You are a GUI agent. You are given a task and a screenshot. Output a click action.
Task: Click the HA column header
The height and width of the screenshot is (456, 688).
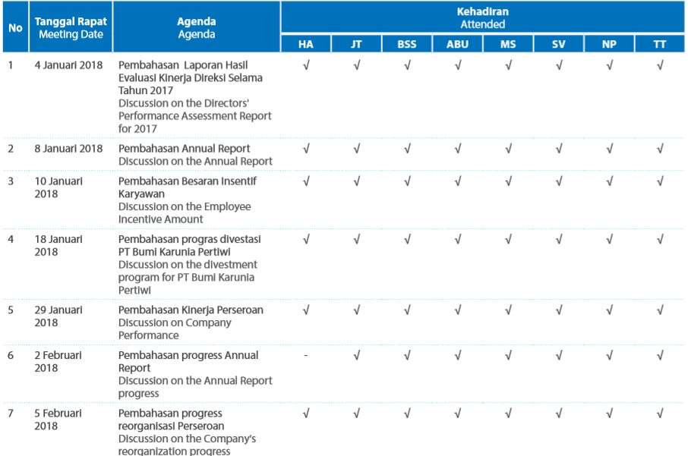click(306, 44)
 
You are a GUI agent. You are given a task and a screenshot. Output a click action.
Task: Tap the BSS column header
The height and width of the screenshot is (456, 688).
click(407, 44)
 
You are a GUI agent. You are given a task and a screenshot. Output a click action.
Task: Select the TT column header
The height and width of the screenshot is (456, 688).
click(659, 44)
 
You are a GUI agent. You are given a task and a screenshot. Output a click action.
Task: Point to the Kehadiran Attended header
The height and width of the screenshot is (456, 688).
click(483, 18)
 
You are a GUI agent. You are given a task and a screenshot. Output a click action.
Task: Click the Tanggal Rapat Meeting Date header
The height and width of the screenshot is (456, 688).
click(71, 27)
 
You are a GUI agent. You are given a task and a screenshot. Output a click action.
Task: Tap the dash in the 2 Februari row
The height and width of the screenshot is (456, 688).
click(306, 355)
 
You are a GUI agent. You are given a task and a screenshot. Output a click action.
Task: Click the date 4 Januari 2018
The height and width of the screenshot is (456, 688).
click(68, 65)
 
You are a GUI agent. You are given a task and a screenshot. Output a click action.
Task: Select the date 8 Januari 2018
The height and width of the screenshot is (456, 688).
click(68, 148)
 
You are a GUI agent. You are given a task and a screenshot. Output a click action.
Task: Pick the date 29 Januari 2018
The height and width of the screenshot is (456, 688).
click(58, 316)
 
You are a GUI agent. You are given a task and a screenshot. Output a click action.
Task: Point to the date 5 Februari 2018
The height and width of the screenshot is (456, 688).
click(58, 420)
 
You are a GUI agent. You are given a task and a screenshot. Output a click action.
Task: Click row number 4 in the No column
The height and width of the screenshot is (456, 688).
click(11, 240)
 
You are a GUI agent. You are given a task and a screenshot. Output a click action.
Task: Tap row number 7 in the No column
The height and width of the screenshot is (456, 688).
click(11, 414)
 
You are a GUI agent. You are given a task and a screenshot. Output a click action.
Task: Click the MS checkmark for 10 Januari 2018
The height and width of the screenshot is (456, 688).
click(508, 181)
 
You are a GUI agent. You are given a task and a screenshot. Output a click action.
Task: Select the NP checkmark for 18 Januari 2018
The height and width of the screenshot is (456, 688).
click(609, 240)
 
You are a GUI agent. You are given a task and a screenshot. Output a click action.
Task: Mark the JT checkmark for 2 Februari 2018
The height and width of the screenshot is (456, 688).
click(357, 355)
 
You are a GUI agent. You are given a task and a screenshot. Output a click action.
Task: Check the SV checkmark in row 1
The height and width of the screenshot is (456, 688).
click(559, 65)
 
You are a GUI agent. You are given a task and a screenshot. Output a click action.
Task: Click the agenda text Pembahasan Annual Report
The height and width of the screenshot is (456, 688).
click(184, 149)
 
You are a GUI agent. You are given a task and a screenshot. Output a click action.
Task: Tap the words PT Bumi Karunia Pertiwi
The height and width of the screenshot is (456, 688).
click(174, 252)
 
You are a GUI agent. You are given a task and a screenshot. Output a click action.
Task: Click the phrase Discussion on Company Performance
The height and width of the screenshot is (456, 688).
click(175, 329)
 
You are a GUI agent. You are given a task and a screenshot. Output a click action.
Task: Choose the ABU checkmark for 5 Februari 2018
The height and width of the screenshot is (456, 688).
click(458, 413)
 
